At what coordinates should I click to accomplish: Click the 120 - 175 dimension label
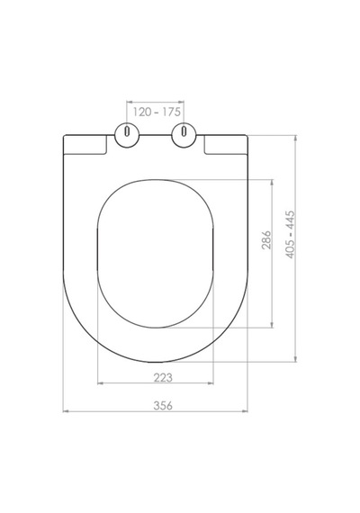click(x=157, y=112)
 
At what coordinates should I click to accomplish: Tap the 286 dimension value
click(x=266, y=239)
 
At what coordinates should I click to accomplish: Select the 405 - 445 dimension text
click(x=291, y=234)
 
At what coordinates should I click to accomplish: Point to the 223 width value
click(x=163, y=378)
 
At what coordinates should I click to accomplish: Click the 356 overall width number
click(x=163, y=405)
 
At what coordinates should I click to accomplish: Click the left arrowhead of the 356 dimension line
click(x=66, y=411)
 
